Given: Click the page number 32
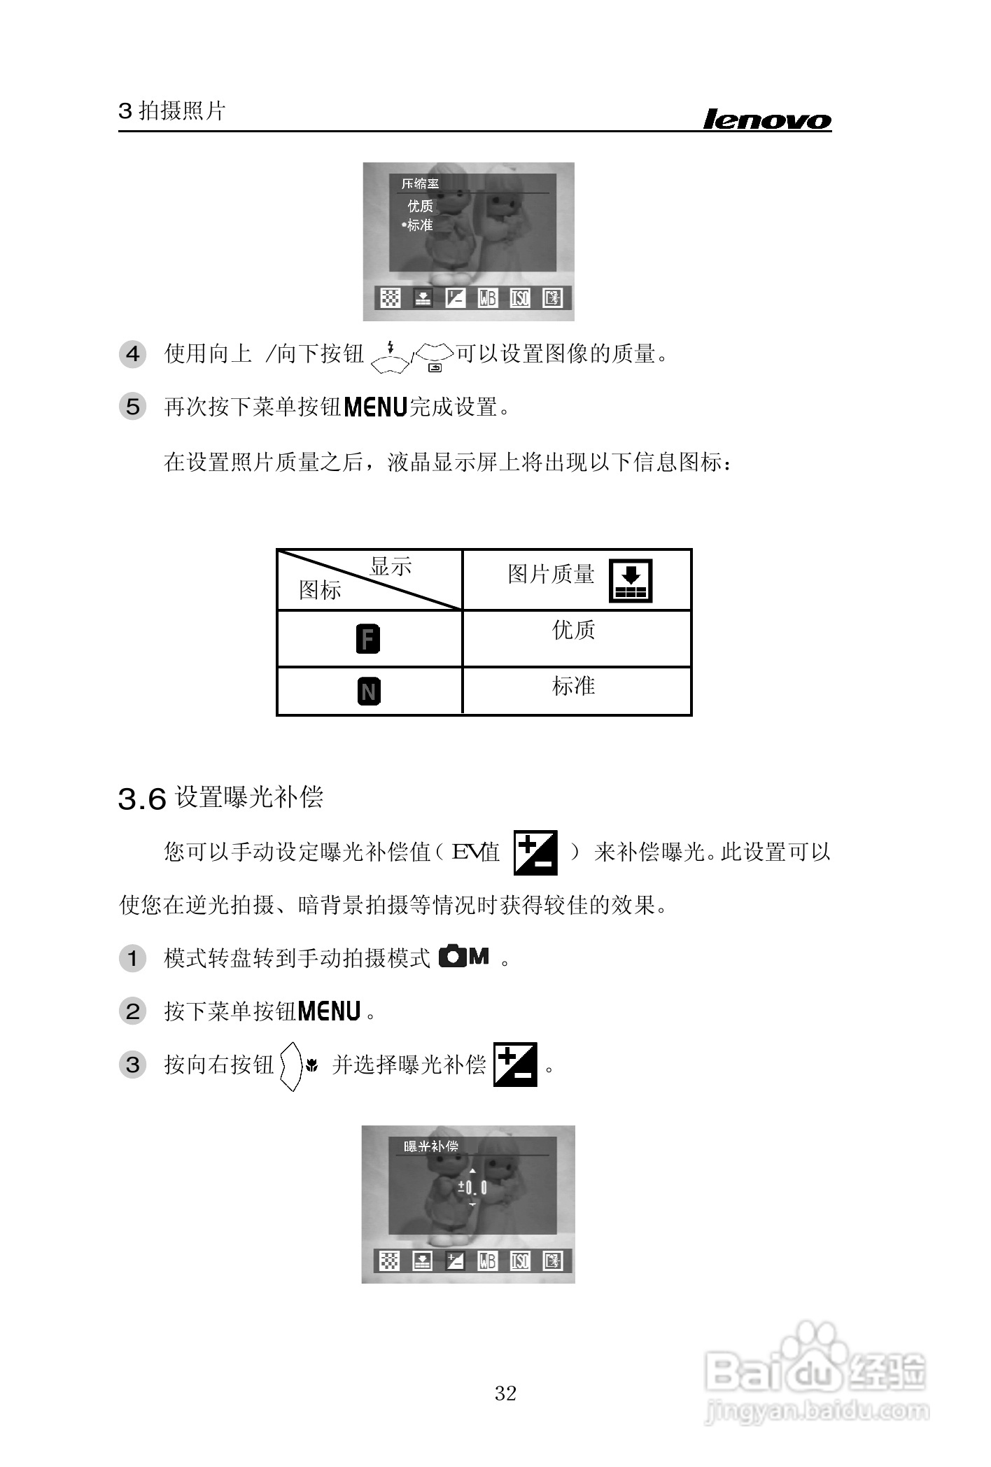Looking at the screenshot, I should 505,1393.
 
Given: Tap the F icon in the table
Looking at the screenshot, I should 368,638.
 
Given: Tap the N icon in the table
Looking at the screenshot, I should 369,692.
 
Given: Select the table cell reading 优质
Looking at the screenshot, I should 573,630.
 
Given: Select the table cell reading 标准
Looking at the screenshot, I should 573,686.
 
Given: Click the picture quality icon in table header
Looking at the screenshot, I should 631,580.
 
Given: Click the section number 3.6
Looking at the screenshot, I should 142,799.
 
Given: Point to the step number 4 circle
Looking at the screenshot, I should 133,354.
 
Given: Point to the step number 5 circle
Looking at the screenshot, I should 133,407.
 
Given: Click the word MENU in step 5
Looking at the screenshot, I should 376,407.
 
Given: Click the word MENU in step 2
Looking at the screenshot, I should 329,1011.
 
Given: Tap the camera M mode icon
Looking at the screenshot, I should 464,956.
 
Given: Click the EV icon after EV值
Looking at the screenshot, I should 535,852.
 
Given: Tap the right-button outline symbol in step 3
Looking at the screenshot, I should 291,1066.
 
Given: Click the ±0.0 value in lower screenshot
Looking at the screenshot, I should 472,1187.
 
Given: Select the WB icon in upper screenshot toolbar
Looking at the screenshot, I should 487,298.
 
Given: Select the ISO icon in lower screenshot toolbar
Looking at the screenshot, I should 520,1261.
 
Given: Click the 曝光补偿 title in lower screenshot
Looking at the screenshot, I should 431,1146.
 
